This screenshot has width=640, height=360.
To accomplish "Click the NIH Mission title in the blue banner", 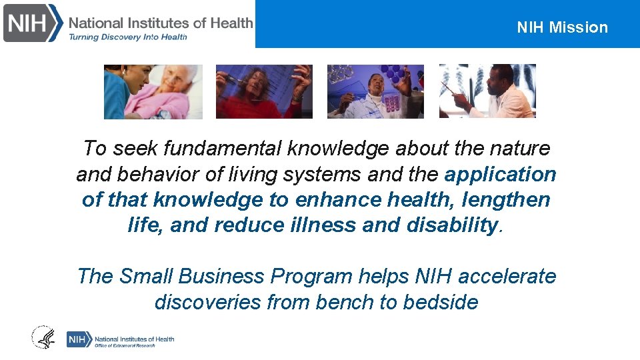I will [562, 27].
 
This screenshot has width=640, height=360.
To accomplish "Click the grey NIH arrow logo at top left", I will [33, 23].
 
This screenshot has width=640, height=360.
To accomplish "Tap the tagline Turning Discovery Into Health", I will [128, 37].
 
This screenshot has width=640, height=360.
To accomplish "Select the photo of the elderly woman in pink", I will [153, 91].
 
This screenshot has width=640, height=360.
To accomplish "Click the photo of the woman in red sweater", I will [264, 91].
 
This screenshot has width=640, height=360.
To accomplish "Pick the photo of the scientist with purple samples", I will [375, 91].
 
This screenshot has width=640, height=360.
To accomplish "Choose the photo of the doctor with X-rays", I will [487, 91].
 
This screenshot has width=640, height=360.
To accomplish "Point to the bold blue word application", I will [500, 174].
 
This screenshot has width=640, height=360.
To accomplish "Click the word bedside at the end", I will [441, 302].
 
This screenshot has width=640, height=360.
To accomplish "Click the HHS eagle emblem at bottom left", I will [44, 337].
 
